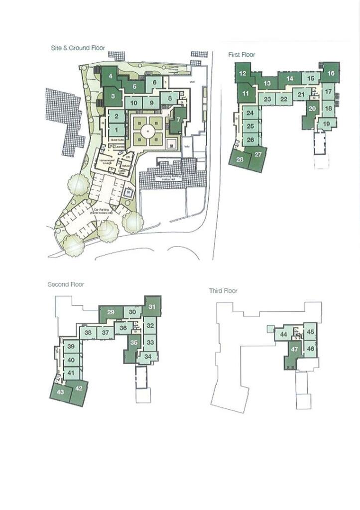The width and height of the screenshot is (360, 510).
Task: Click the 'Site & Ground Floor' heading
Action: (x=78, y=48)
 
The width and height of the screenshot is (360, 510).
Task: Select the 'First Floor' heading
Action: (x=241, y=55)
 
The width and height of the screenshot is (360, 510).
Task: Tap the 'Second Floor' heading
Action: (x=66, y=284)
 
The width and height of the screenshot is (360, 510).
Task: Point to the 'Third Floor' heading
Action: (x=223, y=291)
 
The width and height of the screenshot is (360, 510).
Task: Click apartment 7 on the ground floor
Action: (x=178, y=119)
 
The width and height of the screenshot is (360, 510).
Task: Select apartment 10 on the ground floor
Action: (x=133, y=103)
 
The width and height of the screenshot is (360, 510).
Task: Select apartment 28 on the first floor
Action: (x=240, y=159)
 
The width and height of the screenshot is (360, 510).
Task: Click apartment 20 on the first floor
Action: (x=312, y=109)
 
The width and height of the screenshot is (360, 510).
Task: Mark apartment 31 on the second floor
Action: (x=152, y=307)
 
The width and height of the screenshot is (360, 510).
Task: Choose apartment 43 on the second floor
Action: (x=61, y=392)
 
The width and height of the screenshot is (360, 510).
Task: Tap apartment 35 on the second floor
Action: (x=133, y=343)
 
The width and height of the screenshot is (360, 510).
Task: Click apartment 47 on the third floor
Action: (x=294, y=350)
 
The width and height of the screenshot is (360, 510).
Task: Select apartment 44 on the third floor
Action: (x=283, y=334)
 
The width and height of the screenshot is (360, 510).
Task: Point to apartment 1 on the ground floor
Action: (x=116, y=129)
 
